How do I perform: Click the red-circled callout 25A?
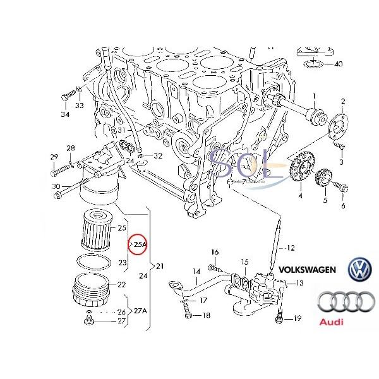coord(138,243)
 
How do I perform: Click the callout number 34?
coord(64,114)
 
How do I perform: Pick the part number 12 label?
coord(291,247)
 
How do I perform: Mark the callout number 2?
coord(343,101)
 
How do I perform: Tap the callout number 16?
coord(214,251)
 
